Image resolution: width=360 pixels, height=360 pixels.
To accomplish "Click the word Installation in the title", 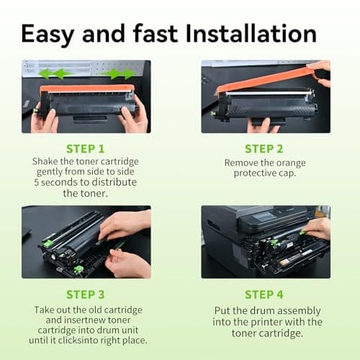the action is tap(251, 34).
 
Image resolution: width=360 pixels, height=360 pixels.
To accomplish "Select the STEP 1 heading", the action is tap(86, 149).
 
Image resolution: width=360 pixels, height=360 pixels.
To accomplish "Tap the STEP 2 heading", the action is tap(264, 149).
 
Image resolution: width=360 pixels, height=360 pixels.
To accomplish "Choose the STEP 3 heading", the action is tap(86, 294).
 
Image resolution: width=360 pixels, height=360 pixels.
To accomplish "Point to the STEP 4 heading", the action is tap(264, 294).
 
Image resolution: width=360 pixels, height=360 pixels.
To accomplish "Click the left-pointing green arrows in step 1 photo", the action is tap(55, 73).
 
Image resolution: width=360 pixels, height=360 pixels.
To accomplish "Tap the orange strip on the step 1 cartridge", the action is tap(87, 88).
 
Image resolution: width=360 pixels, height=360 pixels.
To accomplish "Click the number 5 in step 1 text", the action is tap(36, 182).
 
